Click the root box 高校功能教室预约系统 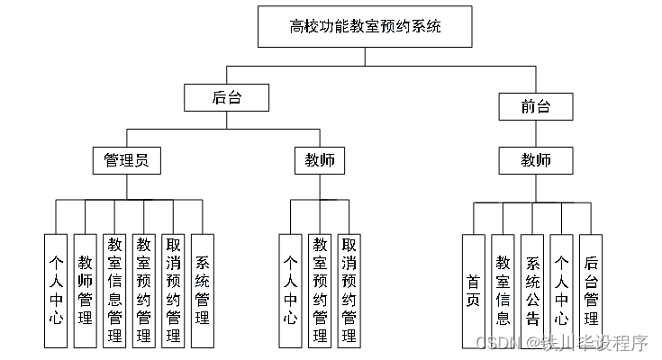pos(365,27)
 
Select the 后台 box pos(226,97)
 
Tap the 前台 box pos(536,106)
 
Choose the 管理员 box pos(126,160)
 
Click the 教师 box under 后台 pos(320,160)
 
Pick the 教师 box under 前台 pos(536,161)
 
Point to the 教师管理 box pos(85,290)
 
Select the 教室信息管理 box pos(114,290)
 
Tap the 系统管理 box pos(203,290)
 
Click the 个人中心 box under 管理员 pos(55,290)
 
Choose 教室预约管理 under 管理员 pos(143,290)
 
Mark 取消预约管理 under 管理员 pos(173,290)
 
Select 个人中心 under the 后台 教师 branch pos(290,290)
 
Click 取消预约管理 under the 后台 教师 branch pos(349,290)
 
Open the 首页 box pos(474,291)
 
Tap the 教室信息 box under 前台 pos(503,291)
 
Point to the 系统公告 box pos(532,291)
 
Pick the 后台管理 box pos(591,291)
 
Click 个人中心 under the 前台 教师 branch pos(561,291)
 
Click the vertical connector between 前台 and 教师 pos(536,133)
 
